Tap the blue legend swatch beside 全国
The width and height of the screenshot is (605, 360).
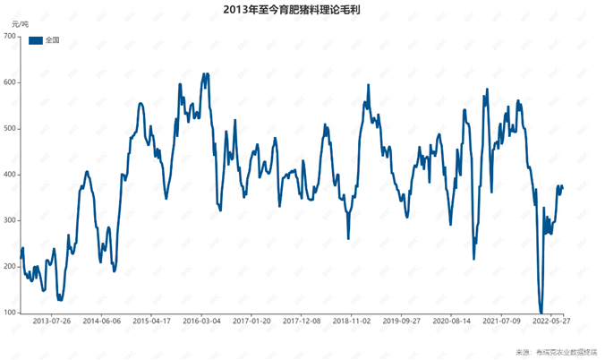coord(35,40)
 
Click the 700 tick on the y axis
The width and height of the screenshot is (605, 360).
coord(10,36)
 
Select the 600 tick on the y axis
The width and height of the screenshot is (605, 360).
coord(10,82)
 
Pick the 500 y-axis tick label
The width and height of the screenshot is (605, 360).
coord(10,128)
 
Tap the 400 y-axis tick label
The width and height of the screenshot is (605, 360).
coord(10,175)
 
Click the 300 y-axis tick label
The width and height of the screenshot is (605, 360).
coord(10,220)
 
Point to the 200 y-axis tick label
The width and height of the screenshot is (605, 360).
coord(10,267)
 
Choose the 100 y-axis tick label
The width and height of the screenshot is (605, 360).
coord(10,313)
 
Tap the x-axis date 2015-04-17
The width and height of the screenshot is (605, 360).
coord(152,320)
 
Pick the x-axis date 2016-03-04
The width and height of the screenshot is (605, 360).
coord(202,320)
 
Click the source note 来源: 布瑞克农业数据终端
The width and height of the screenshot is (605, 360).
coord(556,352)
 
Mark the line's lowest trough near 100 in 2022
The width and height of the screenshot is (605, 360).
coord(541,313)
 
